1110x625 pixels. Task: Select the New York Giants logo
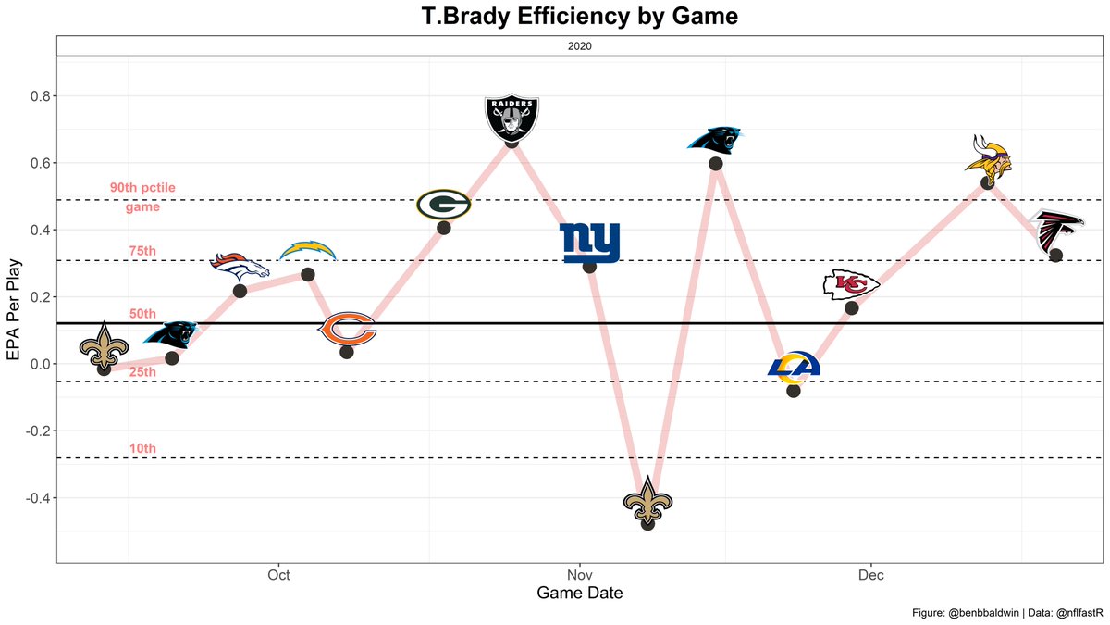point(590,244)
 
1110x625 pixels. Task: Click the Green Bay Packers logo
point(443,204)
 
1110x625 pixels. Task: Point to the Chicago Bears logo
point(347,330)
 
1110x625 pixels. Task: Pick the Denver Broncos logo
point(240,268)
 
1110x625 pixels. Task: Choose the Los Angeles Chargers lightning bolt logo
point(308,250)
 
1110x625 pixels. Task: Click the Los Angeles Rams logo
point(794,368)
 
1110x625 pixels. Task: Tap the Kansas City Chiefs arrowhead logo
point(851,285)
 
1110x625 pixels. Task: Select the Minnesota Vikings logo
point(987,156)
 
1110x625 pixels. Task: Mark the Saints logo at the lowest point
point(647,500)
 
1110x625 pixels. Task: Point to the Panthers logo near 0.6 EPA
point(716,140)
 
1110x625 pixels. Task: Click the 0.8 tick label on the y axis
point(37,96)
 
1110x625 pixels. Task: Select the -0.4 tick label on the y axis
point(35,498)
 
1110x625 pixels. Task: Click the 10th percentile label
point(142,449)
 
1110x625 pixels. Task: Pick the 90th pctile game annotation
point(142,197)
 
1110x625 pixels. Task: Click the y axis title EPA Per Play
point(12,309)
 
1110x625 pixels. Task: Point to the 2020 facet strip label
point(579,45)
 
